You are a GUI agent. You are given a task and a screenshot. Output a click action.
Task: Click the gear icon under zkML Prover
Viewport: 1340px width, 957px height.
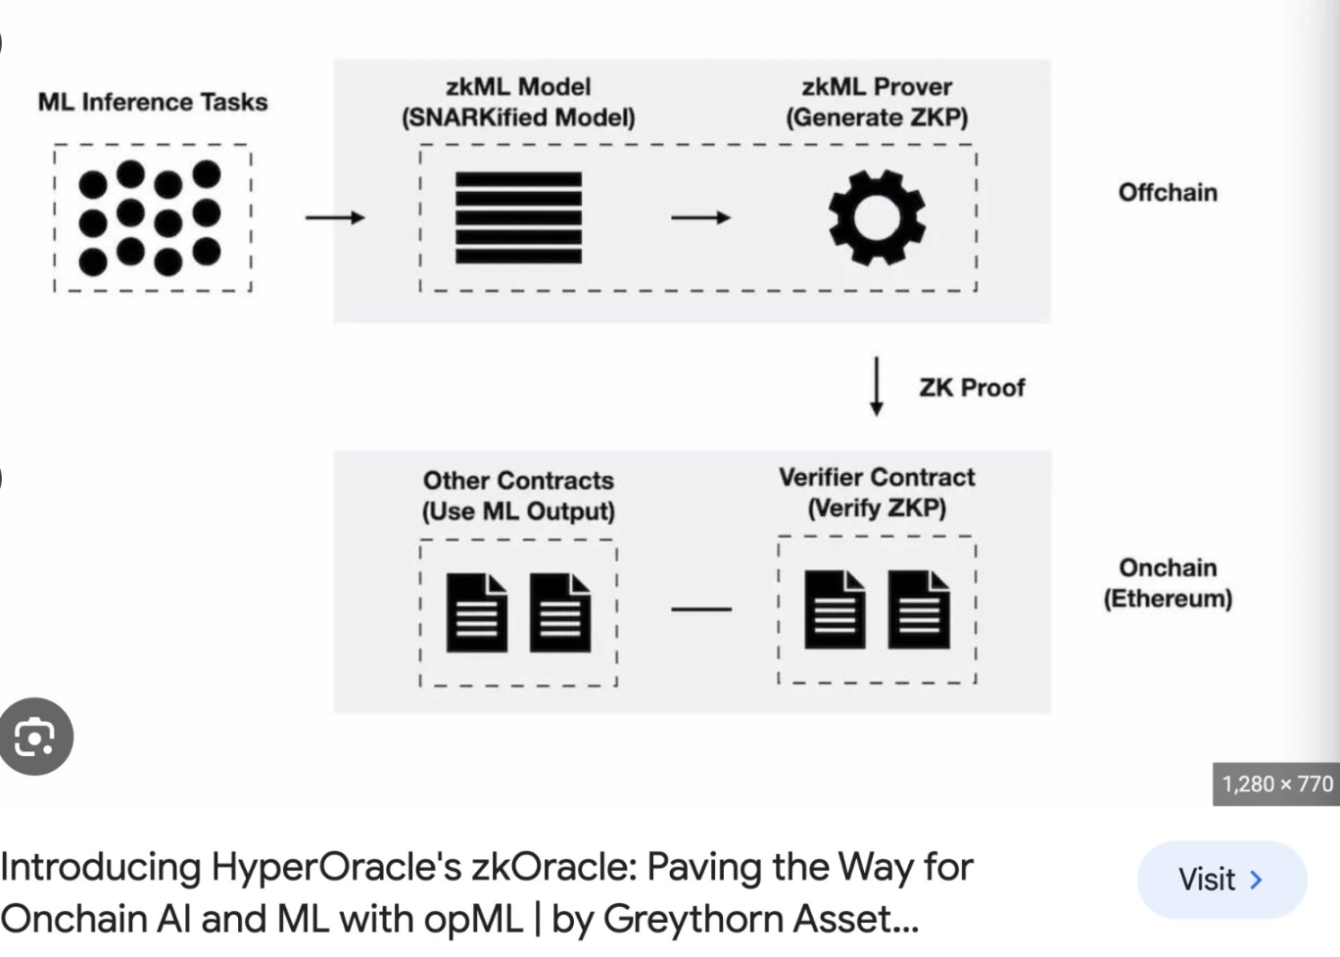point(877,217)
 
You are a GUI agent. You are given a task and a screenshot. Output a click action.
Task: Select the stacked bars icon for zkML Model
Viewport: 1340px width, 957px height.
point(518,217)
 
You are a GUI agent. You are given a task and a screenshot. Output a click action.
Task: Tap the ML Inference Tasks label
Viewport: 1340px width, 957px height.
point(153,102)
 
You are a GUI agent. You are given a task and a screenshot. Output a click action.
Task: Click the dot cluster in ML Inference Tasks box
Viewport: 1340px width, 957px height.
point(150,217)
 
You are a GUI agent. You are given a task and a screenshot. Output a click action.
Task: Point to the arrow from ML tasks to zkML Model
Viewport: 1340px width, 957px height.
point(335,217)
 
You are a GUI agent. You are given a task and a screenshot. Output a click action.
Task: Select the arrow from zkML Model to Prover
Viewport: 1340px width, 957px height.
point(700,217)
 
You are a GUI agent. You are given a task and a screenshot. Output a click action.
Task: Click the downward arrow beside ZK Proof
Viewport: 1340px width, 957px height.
point(877,387)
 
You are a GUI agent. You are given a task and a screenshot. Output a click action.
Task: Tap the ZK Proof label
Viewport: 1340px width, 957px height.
point(972,388)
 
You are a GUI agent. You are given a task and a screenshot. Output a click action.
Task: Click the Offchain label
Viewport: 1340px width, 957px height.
point(1168,192)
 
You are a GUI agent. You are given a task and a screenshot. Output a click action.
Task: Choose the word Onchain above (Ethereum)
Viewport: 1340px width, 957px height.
point(1168,568)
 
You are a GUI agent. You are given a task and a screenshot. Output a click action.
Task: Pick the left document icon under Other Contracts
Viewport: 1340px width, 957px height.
point(477,612)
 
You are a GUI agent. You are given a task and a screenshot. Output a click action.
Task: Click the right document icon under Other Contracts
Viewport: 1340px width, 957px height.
point(560,612)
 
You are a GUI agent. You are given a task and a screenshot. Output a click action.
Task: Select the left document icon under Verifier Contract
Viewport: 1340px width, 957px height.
point(835,609)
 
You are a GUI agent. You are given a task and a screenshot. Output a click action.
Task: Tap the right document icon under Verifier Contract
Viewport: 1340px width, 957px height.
point(919,609)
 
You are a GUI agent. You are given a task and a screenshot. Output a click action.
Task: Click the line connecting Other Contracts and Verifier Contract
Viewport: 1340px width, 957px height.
point(701,609)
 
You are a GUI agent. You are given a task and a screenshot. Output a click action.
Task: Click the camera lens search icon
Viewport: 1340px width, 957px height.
point(35,737)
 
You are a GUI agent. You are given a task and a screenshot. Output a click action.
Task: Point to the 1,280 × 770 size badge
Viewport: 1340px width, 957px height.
point(1276,785)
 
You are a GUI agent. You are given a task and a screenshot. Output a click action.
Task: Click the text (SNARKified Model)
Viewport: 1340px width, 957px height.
point(518,118)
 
